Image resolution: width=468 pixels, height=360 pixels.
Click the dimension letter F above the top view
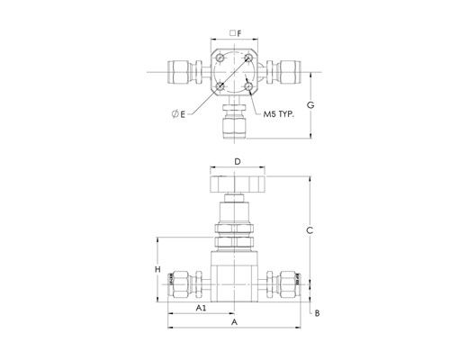point(239,33)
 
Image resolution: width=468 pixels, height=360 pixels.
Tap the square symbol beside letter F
point(232,33)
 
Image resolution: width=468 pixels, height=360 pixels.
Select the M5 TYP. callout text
point(279,114)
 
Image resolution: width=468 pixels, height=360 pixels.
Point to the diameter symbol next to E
point(175,114)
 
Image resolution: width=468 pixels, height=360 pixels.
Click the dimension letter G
point(310,105)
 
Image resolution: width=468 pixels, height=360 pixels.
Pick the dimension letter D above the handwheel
point(238,162)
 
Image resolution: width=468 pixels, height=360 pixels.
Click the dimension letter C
point(310,230)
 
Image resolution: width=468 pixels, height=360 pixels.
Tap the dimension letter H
point(157,269)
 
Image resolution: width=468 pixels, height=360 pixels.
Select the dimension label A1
point(202,308)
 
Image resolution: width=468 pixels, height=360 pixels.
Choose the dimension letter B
point(317,313)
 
